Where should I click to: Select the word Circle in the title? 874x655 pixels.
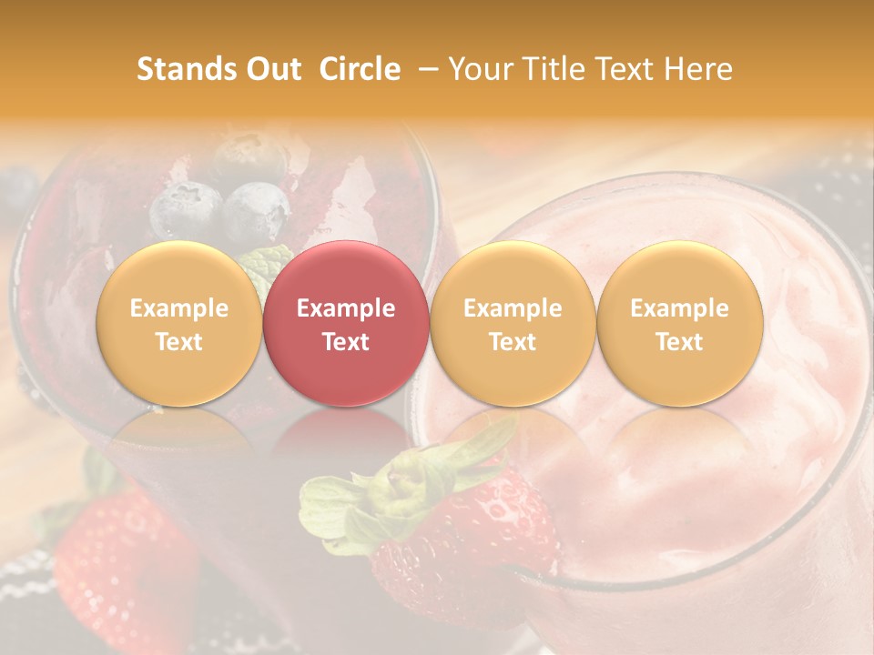[x=360, y=69]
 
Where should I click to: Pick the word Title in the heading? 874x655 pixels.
[x=554, y=69]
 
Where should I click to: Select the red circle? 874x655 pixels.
[x=346, y=324]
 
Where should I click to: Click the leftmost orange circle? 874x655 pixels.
[x=179, y=324]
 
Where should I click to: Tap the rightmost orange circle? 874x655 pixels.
[x=679, y=324]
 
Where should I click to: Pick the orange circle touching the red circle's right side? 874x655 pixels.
[x=513, y=324]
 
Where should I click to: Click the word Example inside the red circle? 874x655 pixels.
[x=346, y=308]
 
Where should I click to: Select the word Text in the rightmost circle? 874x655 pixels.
[x=679, y=342]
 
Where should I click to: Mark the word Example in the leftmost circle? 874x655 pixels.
[x=179, y=308]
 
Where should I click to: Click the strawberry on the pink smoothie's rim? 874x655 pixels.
[x=473, y=537]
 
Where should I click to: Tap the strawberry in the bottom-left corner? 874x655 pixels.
[x=118, y=564]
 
